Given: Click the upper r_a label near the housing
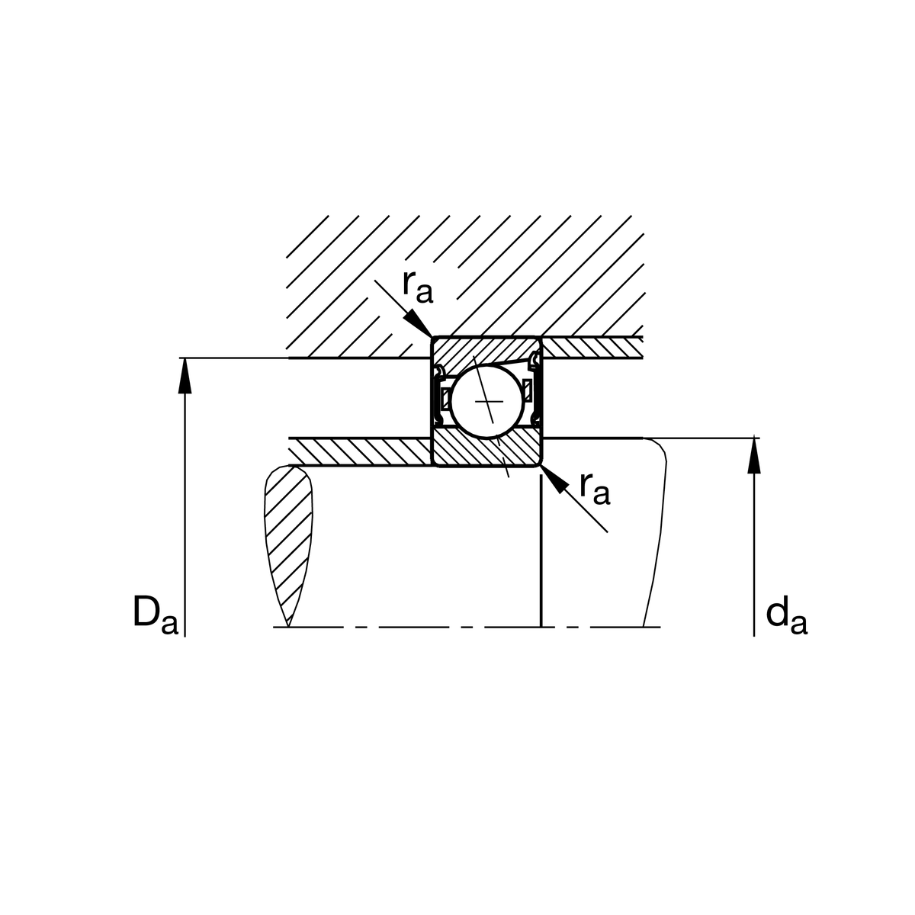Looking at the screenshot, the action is coord(417,287).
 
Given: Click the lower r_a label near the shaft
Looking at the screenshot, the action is coord(595,490).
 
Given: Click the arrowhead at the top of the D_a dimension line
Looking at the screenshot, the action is coord(185,375).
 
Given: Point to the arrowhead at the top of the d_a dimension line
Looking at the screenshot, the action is coord(754,455).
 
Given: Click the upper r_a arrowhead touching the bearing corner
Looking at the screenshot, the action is coord(418,323).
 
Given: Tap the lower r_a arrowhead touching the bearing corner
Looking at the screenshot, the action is coord(554,480).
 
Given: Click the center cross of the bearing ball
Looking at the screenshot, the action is coord(489,402).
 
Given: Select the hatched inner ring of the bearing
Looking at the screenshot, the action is coord(486,448).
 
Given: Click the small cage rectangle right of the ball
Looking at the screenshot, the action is coord(527,390).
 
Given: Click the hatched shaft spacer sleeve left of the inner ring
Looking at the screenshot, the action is coord(361,451).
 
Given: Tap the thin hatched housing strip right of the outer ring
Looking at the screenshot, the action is coord(592,347).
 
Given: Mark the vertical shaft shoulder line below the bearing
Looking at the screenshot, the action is coord(541,551).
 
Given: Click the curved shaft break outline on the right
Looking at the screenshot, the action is coord(657,531).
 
